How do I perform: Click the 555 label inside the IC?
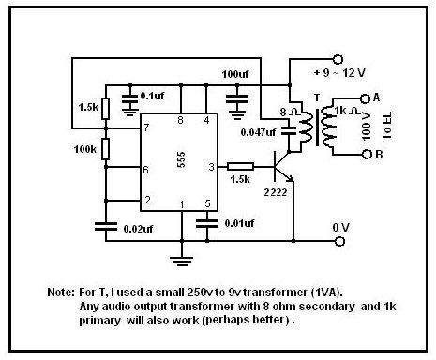181,159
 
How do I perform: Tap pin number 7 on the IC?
146,127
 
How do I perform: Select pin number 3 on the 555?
212,167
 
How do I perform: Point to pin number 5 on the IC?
207,203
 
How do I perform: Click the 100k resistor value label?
85,149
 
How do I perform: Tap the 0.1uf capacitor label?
152,96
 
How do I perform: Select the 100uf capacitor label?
235,74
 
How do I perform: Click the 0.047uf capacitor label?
258,132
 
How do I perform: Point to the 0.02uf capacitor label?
138,229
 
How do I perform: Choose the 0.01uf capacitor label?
239,223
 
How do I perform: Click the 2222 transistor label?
276,192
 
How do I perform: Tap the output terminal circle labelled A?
365,98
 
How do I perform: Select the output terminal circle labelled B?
367,154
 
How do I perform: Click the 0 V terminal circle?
340,241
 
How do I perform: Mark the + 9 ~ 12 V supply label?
339,73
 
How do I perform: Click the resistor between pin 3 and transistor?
240,167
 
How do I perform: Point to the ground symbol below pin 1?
181,261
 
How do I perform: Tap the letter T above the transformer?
317,97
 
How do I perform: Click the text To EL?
387,126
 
